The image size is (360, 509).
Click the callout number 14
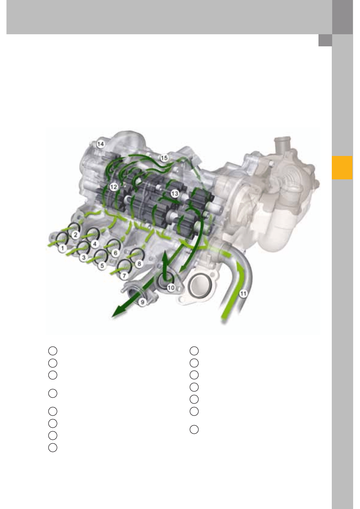pos(100,144)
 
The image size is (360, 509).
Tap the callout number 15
pos(164,158)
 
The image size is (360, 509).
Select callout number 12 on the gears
pos(114,187)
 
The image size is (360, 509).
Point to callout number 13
pos(175,193)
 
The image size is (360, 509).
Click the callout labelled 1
pos(63,248)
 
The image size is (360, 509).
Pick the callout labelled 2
pos(76,235)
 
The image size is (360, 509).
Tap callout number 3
pos(84,258)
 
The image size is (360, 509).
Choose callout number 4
pos(95,244)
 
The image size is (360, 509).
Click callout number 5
pos(102,266)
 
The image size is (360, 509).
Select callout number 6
pos(115,253)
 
